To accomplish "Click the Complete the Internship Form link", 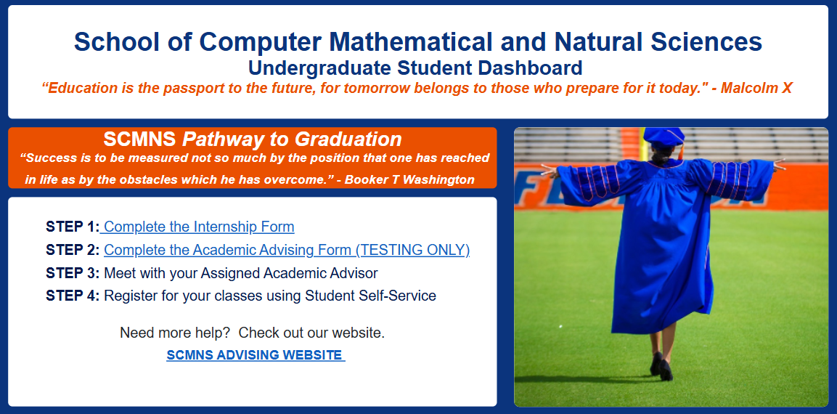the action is point(199,227).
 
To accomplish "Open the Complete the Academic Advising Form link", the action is point(287,250).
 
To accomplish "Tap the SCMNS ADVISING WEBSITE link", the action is point(256,354).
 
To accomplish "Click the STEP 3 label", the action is point(73,274).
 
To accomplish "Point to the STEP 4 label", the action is point(73,296).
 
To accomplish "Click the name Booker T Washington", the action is point(409,179).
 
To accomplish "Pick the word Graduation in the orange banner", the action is point(348,139).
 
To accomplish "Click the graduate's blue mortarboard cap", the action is point(664,137).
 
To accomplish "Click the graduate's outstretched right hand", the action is point(779,164).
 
